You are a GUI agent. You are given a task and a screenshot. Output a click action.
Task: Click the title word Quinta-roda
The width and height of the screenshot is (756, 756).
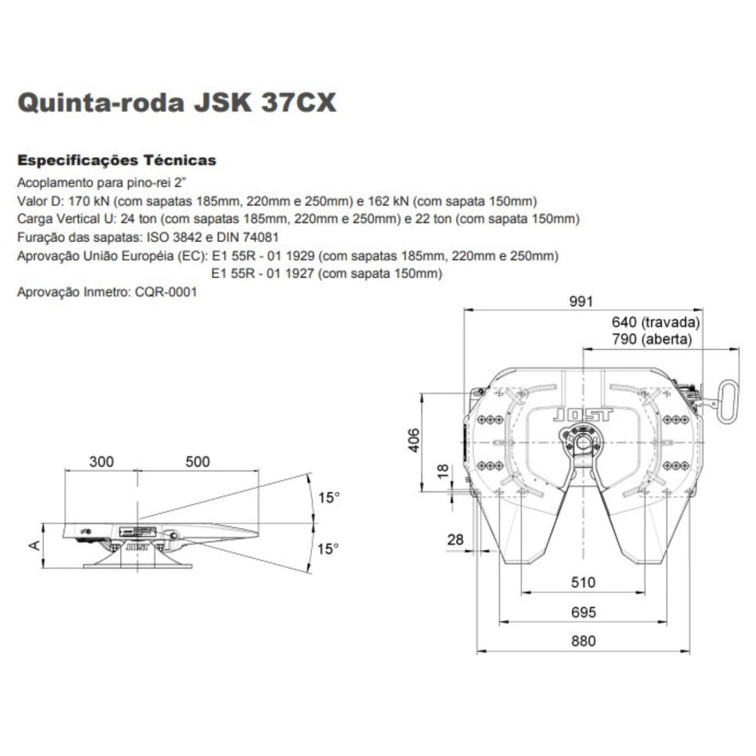pos(101,103)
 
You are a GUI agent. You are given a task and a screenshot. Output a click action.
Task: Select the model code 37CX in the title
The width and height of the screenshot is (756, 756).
pos(298,102)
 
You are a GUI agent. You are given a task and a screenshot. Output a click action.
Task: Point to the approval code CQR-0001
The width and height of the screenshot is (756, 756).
pos(166,292)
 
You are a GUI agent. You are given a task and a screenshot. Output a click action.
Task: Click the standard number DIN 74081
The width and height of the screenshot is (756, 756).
pos(247,237)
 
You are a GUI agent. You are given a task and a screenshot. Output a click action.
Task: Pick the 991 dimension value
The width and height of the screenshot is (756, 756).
pos(580,302)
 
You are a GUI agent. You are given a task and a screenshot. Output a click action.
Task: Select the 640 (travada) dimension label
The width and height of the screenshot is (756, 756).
pos(656,321)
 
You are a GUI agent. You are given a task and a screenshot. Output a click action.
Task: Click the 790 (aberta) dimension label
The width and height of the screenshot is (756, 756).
pos(652,339)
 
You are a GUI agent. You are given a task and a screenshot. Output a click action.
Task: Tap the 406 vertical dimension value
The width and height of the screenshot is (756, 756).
pos(414,440)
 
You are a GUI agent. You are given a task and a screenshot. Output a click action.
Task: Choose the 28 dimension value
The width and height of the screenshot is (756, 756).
pos(455,539)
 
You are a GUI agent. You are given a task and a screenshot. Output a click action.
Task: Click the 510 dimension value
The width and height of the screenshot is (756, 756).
pos(583,583)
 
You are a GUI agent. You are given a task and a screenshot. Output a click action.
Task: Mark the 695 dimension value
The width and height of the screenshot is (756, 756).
pos(583,612)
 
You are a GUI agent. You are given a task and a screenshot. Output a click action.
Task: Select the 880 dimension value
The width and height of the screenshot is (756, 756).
pos(583,641)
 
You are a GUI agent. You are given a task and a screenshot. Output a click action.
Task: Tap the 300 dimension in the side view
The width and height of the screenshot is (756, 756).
pos(102,462)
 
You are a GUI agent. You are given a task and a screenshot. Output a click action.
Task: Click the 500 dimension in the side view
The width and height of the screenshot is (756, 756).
pos(197,462)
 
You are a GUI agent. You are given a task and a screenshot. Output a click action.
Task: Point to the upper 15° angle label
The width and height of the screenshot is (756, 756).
pos(329,497)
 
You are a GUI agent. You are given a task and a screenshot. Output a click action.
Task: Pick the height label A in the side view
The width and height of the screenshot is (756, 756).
pos(34,545)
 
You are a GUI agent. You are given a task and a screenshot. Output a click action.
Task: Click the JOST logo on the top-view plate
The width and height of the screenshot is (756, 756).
pos(583,415)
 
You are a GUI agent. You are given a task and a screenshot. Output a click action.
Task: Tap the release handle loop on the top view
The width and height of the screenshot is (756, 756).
pos(727,402)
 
